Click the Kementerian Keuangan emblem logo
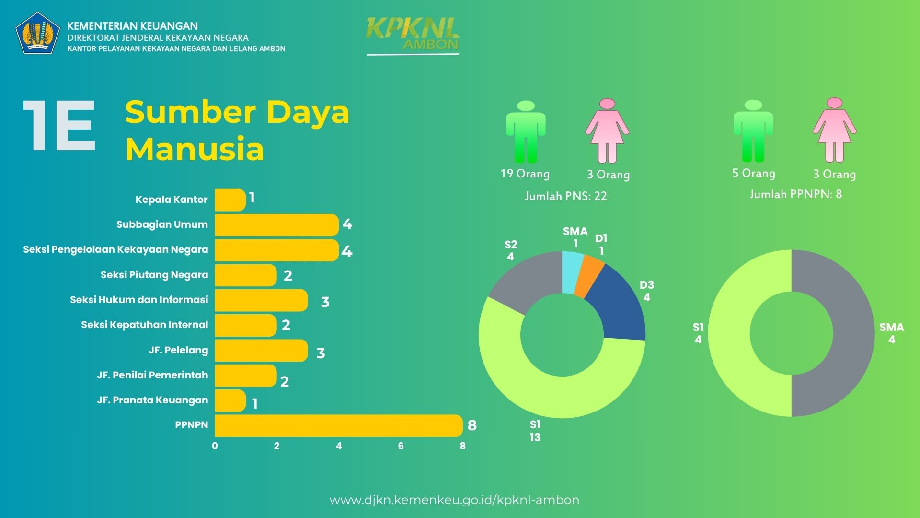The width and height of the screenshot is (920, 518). tap(38, 33)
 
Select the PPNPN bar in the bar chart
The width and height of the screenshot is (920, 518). tap(338, 425)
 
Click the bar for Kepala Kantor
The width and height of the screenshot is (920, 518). tap(230, 200)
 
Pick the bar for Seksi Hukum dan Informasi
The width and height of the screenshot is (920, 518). tap(261, 300)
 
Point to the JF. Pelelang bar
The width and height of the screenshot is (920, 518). tap(261, 350)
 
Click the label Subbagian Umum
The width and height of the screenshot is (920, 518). tap(162, 224)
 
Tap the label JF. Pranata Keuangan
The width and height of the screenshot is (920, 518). tap(152, 400)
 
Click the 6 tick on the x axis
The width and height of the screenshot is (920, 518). tap(401, 446)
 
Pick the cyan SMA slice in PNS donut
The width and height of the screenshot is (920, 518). tap(572, 272)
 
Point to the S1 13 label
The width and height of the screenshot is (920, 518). tap(535, 431)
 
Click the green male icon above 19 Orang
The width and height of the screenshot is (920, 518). tap(526, 131)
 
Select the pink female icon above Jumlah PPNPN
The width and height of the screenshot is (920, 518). tap(834, 130)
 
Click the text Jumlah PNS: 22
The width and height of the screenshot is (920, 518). tap(565, 196)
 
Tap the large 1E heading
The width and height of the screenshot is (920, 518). tap(59, 127)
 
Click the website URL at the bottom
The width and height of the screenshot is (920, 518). tap(454, 500)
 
